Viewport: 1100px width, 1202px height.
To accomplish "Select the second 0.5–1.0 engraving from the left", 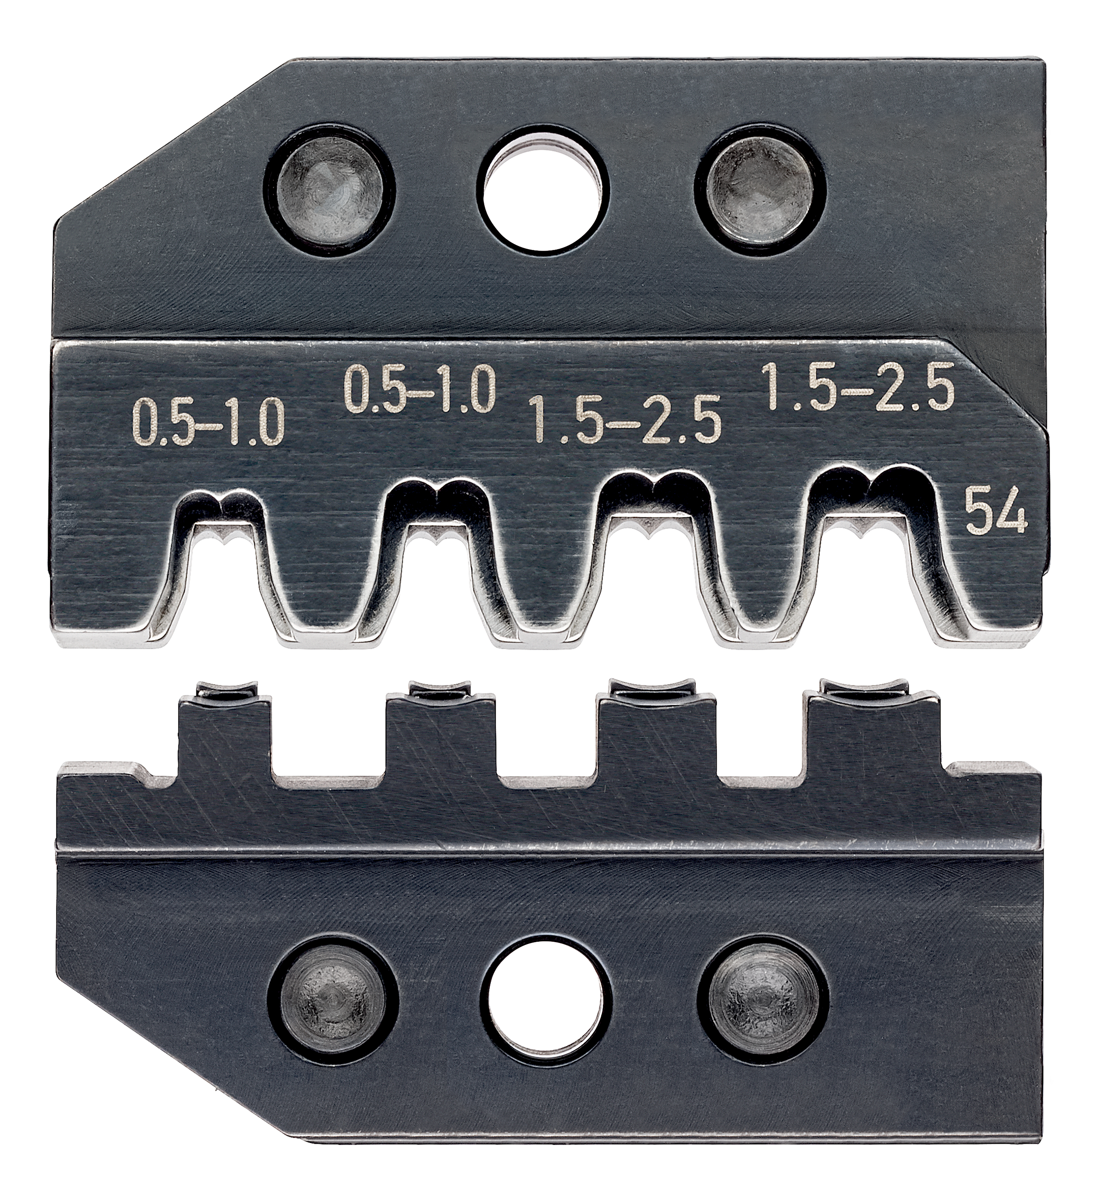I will [x=421, y=387].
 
